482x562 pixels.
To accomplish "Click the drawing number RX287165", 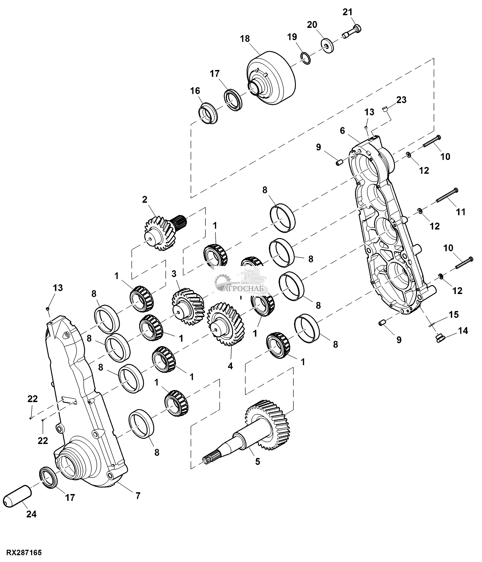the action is coord(24,552).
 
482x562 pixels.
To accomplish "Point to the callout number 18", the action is coord(245,39).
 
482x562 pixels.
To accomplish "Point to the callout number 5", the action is coord(258,462).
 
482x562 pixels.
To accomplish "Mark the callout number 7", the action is coord(138,496).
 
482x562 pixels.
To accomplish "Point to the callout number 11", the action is coord(460,212).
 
